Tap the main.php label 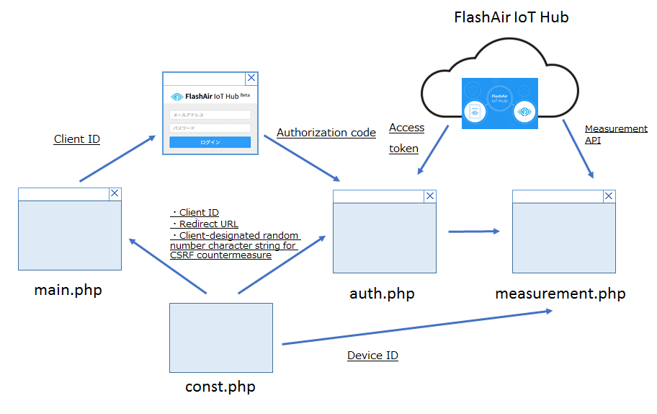pos(68,291)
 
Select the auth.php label pos(382,294)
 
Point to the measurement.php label pos(560,294)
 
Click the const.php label pos(220,387)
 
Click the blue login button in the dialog pos(210,142)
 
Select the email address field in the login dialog pos(210,115)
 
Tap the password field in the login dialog pos(210,128)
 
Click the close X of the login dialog pos(251,79)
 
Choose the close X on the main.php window pos(115,193)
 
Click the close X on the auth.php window pos(430,195)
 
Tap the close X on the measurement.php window pos(609,195)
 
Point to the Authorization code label pos(326,133)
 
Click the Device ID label pos(372,356)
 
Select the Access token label pos(406,138)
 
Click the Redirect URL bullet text pos(208,224)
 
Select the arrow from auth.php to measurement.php pos(473,232)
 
